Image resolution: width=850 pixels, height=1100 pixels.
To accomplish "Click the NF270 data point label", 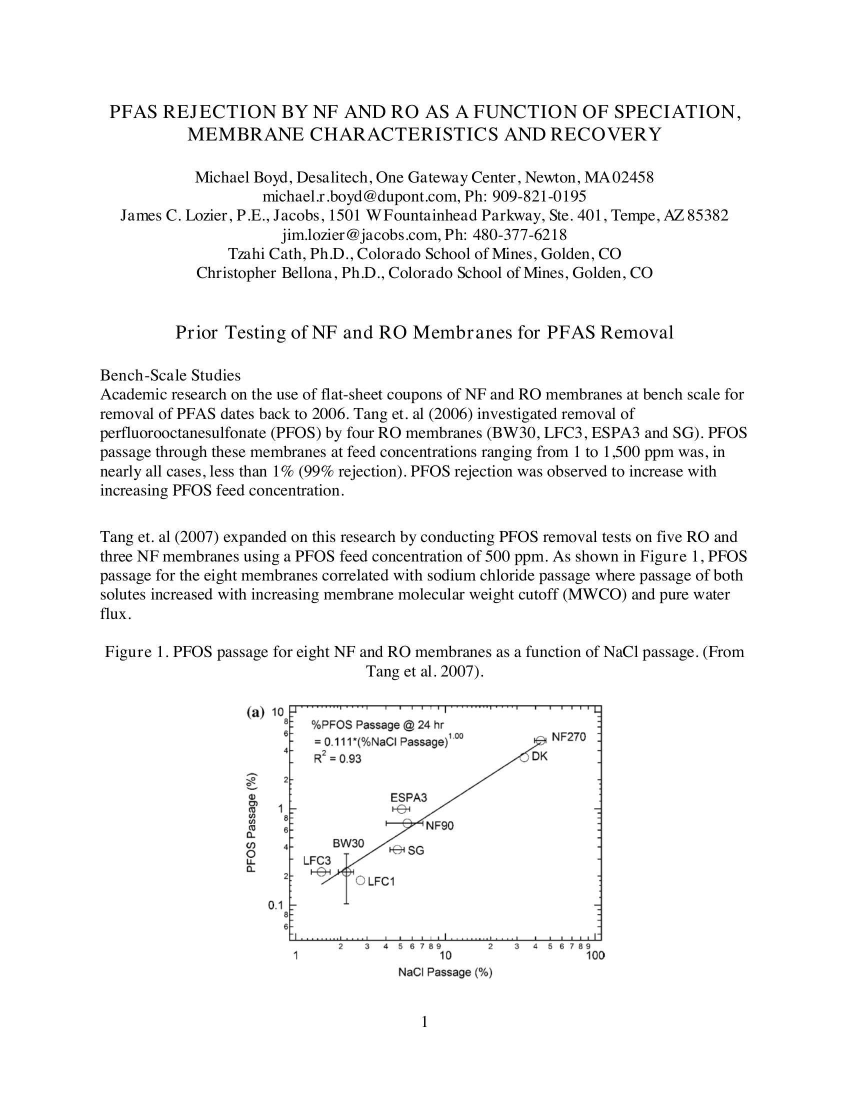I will [568, 736].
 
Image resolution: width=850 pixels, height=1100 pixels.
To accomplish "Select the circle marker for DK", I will [524, 757].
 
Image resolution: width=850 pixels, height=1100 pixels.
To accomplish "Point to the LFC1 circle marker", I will [360, 880].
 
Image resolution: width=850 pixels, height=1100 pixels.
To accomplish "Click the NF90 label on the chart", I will [439, 825].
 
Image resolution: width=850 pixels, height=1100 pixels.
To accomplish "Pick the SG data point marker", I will [397, 849].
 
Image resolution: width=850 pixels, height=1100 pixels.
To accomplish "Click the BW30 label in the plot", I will [348, 843].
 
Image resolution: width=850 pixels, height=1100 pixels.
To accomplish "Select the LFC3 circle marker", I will [321, 871].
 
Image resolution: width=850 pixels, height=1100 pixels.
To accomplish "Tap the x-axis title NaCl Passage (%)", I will [444, 972].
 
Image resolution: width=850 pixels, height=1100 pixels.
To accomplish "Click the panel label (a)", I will [255, 712].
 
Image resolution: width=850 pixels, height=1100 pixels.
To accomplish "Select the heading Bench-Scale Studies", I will [170, 375].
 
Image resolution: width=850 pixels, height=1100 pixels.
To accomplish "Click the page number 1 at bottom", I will [424, 1022].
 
